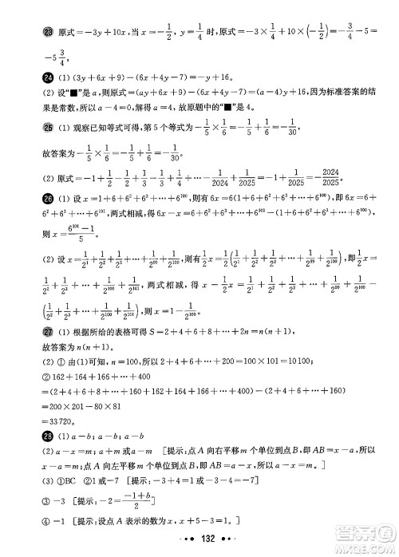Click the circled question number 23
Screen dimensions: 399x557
click(26, 31)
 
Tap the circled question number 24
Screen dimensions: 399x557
click(26, 77)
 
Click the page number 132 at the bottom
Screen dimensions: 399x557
click(199, 539)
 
